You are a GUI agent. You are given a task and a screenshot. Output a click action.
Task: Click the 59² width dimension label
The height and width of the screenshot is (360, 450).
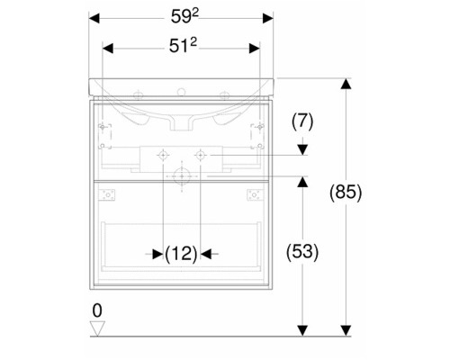[x=184, y=16]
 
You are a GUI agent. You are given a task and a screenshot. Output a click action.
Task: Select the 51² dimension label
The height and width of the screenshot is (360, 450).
[x=183, y=46]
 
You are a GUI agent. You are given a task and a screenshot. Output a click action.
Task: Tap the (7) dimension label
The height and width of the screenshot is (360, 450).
[x=302, y=121]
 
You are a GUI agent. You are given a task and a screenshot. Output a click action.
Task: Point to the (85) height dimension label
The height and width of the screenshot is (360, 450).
[x=346, y=192]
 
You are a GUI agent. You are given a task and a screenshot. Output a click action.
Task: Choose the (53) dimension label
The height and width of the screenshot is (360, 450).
[x=302, y=252]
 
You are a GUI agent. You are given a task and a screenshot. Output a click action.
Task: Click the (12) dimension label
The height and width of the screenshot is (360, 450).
[x=181, y=254]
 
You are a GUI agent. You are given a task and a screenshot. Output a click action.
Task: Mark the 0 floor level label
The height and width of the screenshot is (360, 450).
[x=97, y=310]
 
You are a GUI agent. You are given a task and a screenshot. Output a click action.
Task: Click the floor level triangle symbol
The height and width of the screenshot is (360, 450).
[x=97, y=328]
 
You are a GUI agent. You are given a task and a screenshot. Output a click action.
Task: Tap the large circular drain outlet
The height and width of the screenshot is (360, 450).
[x=182, y=176]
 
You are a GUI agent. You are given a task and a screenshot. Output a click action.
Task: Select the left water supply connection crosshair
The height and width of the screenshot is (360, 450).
[x=163, y=155]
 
